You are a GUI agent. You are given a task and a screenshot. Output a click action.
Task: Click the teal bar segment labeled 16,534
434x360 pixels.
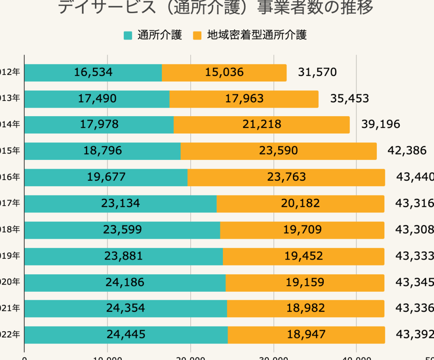point(93,73)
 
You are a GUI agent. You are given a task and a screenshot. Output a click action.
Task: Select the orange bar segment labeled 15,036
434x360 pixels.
point(224,73)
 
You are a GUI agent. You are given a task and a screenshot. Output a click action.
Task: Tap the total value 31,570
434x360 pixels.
point(317,73)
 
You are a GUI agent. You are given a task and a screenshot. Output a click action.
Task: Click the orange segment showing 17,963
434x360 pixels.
point(244,99)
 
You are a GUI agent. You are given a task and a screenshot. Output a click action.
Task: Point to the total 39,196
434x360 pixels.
point(381,124)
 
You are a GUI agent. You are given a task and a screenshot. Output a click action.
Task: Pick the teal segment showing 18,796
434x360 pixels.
point(103,151)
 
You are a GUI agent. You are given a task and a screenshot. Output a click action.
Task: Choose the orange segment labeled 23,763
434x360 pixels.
point(286,177)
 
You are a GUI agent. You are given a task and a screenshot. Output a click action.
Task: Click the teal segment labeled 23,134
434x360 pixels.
point(120,204)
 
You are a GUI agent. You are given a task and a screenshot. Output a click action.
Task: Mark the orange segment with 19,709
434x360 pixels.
point(302,230)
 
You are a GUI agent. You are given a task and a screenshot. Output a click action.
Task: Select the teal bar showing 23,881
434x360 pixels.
point(123,256)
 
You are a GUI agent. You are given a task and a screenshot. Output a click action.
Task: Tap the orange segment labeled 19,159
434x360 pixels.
point(305,282)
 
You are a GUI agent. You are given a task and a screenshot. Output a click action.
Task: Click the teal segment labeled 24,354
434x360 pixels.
point(125,308)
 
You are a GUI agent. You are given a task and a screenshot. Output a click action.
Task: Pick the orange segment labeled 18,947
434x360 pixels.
point(306,335)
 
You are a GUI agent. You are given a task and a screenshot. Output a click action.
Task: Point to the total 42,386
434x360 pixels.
point(407,151)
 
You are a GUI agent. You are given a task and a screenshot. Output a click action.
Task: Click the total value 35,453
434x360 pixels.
point(349,99)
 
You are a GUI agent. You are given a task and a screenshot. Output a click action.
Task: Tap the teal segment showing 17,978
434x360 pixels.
point(99,124)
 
